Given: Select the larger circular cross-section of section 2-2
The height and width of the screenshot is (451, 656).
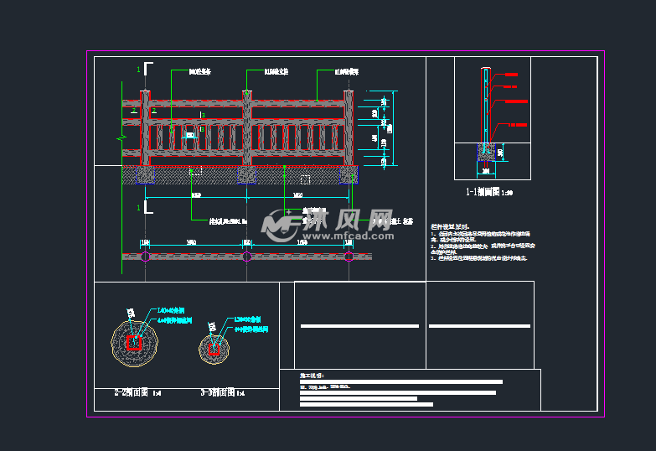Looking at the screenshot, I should (134, 342).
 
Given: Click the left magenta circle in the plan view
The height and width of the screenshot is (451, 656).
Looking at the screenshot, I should (146, 257).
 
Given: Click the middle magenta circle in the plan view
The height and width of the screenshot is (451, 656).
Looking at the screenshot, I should (247, 257).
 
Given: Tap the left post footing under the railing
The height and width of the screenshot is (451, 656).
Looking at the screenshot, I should (145, 175).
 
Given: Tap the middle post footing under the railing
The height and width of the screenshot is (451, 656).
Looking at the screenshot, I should (247, 175).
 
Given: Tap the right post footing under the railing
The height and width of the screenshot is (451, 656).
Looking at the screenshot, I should (349, 175).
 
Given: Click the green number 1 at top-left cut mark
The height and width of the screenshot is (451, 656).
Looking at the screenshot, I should (138, 69).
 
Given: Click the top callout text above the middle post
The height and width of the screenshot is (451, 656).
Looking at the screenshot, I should (276, 72).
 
